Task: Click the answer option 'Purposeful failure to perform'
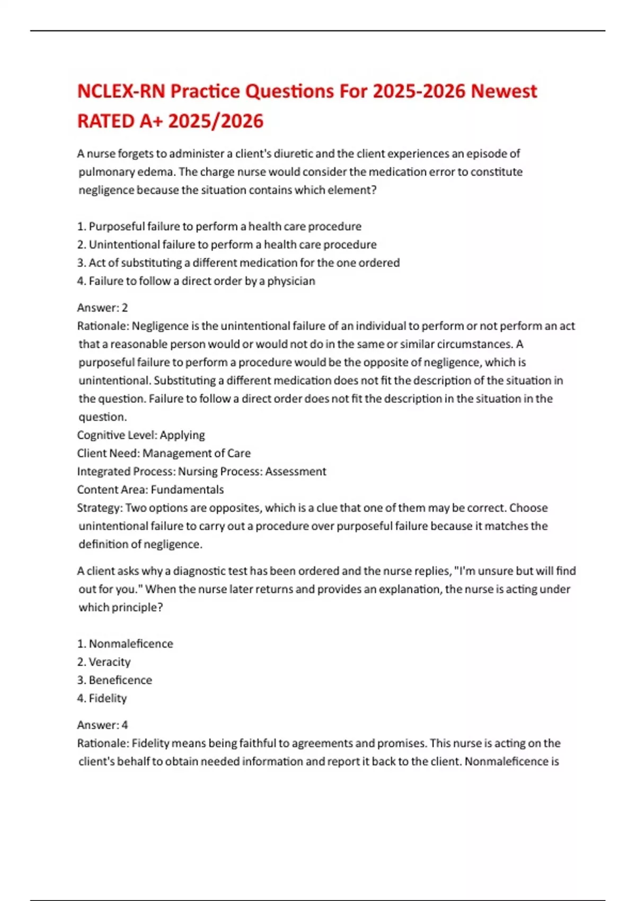[219, 226]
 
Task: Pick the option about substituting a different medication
[238, 263]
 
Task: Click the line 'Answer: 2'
[102, 307]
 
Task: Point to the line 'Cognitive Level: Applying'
[141, 435]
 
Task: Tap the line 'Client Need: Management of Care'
[164, 453]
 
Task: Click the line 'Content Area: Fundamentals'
[151, 490]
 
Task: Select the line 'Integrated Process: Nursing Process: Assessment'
[201, 471]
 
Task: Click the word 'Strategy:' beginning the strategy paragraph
[100, 508]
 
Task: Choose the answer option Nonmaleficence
[126, 643]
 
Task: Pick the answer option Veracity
[104, 662]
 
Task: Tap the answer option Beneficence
[115, 680]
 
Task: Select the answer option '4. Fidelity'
[102, 699]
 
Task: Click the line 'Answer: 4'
[102, 725]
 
